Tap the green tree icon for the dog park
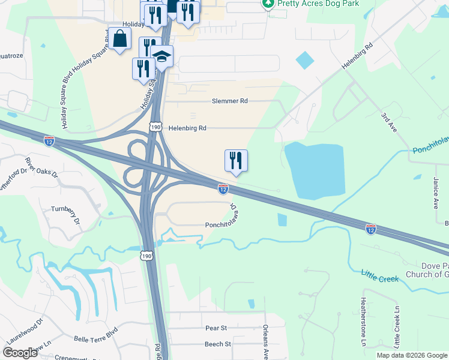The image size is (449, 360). tap(268, 4)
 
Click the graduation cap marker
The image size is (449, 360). tap(161, 57)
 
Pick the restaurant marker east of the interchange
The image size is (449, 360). tap(236, 161)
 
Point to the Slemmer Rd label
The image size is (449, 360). tap(230, 101)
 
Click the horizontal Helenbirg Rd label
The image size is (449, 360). tap(187, 128)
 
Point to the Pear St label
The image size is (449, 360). tap(216, 328)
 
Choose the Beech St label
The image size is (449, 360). tap(218, 344)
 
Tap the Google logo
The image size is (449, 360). tap(20, 353)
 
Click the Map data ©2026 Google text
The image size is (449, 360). tap(412, 355)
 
